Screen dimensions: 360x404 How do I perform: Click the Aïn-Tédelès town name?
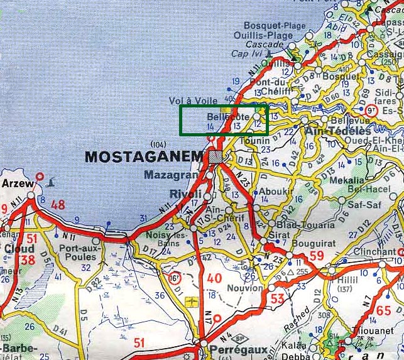pyautogui.click(x=338, y=131)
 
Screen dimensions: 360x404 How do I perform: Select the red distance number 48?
pyautogui.click(x=58, y=204)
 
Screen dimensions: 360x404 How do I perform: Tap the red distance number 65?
pyautogui.click(x=384, y=310)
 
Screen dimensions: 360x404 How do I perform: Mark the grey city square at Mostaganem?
pyautogui.click(x=216, y=157)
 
